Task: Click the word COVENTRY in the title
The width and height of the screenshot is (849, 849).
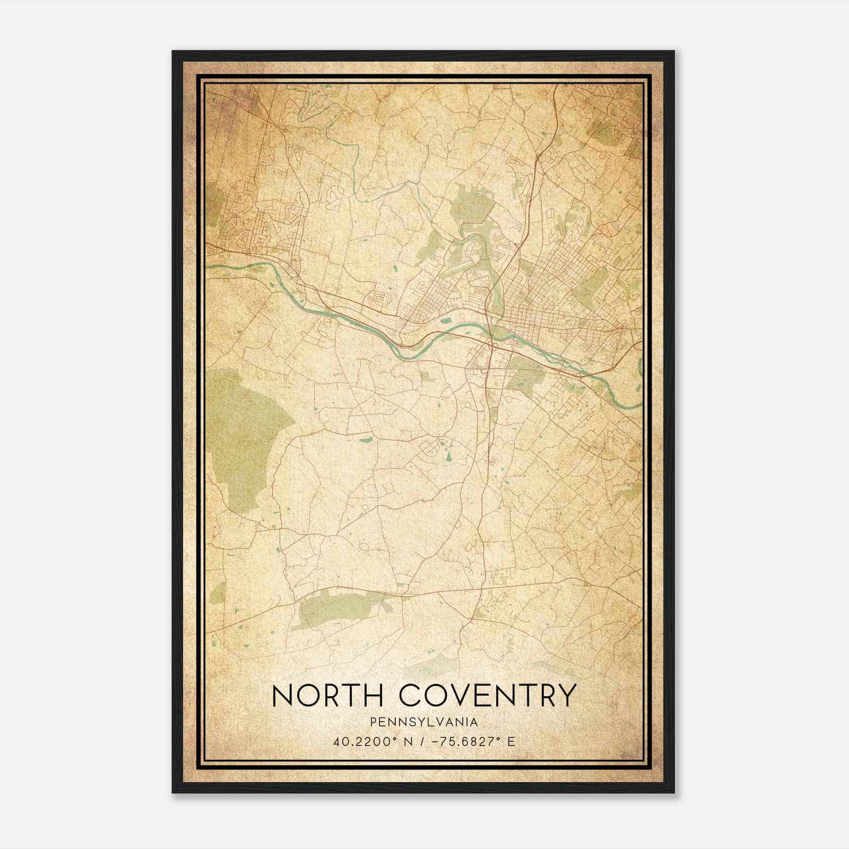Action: (487, 695)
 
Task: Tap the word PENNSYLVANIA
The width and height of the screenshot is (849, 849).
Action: (424, 722)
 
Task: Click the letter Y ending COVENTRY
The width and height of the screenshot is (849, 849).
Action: (566, 695)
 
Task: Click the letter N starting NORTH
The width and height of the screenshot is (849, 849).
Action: (282, 695)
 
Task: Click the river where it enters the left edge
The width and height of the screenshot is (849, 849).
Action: (210, 266)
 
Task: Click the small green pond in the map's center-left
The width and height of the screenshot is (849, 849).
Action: (366, 440)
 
